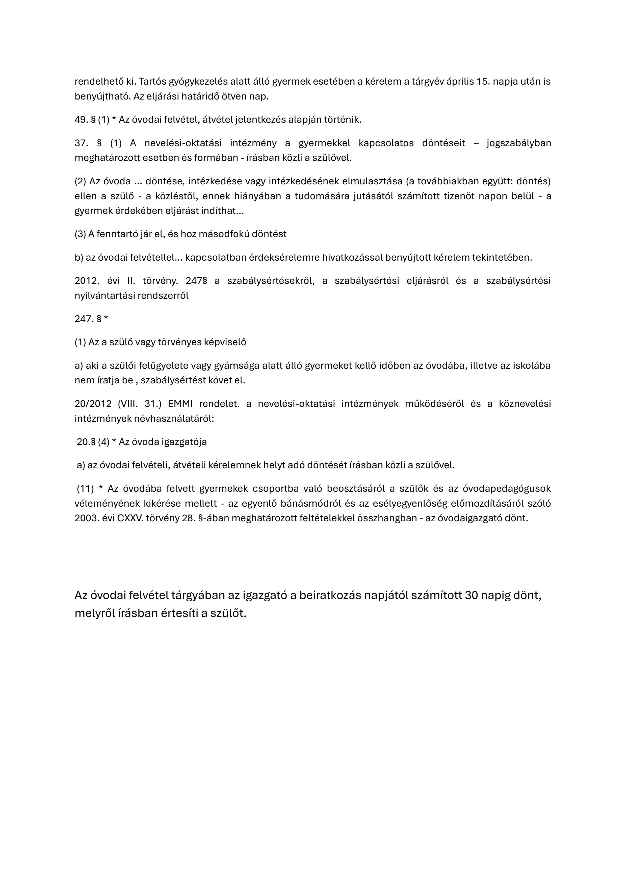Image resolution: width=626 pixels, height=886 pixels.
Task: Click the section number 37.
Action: [x=81, y=143]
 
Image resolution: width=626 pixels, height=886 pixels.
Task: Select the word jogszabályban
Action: [x=519, y=143]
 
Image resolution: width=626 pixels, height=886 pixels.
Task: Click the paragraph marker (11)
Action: [x=85, y=488]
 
